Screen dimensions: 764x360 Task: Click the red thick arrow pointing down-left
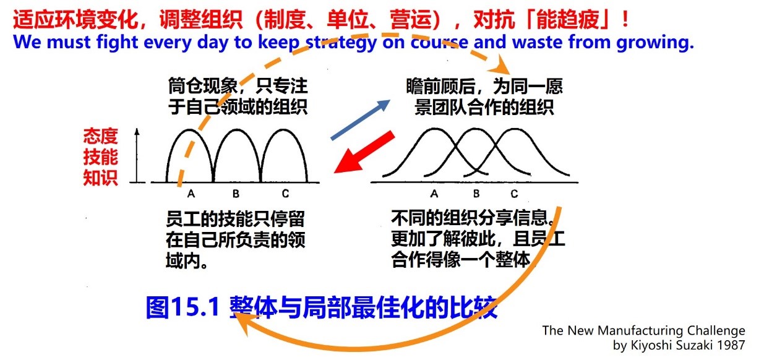click(364, 152)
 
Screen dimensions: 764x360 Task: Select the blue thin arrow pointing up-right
click(361, 119)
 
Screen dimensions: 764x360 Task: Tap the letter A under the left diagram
click(191, 194)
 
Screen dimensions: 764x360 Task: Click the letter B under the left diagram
click(236, 194)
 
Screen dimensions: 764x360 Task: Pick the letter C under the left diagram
click(285, 194)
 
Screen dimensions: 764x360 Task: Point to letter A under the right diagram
click(434, 194)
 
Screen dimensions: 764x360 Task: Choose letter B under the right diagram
click(476, 194)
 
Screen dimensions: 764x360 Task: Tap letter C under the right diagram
click(514, 194)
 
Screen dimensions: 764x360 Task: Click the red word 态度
click(101, 136)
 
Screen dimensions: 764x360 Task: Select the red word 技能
click(101, 157)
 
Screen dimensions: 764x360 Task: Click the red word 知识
click(101, 178)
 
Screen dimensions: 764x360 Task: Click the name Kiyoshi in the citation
click(652, 345)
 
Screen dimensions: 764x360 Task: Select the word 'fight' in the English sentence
click(118, 43)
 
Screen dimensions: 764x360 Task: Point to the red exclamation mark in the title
click(625, 19)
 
